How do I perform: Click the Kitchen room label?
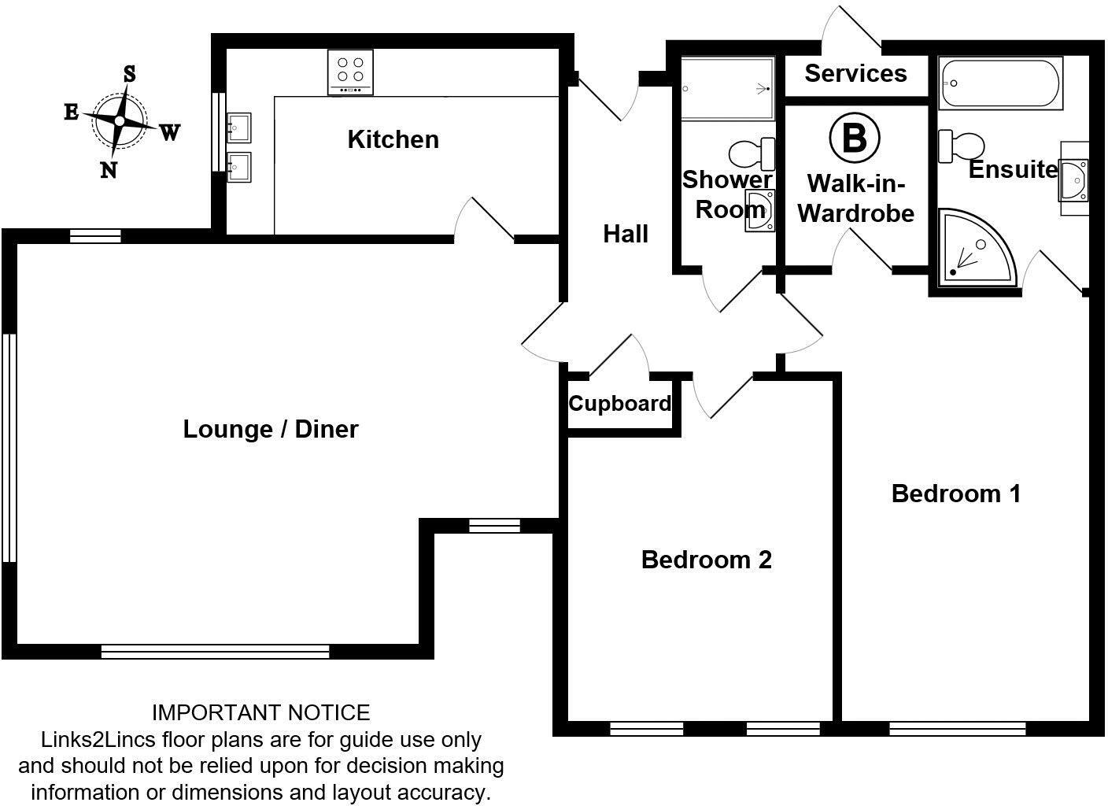pos(393,139)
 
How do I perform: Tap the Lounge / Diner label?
pos(270,429)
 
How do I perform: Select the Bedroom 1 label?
pos(955,494)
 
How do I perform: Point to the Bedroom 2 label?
pos(706,560)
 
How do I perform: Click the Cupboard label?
pos(619,404)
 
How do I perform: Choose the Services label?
pos(855,73)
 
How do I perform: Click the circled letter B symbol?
pos(854,137)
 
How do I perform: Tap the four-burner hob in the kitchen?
pos(350,72)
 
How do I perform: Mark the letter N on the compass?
pos(109,170)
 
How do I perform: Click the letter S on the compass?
pos(130,74)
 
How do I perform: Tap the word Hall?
pos(626,234)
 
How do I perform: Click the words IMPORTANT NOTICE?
pos(260,713)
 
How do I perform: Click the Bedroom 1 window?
pos(957,730)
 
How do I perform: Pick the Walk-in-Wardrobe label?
pos(855,198)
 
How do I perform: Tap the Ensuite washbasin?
pos(1073,179)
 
